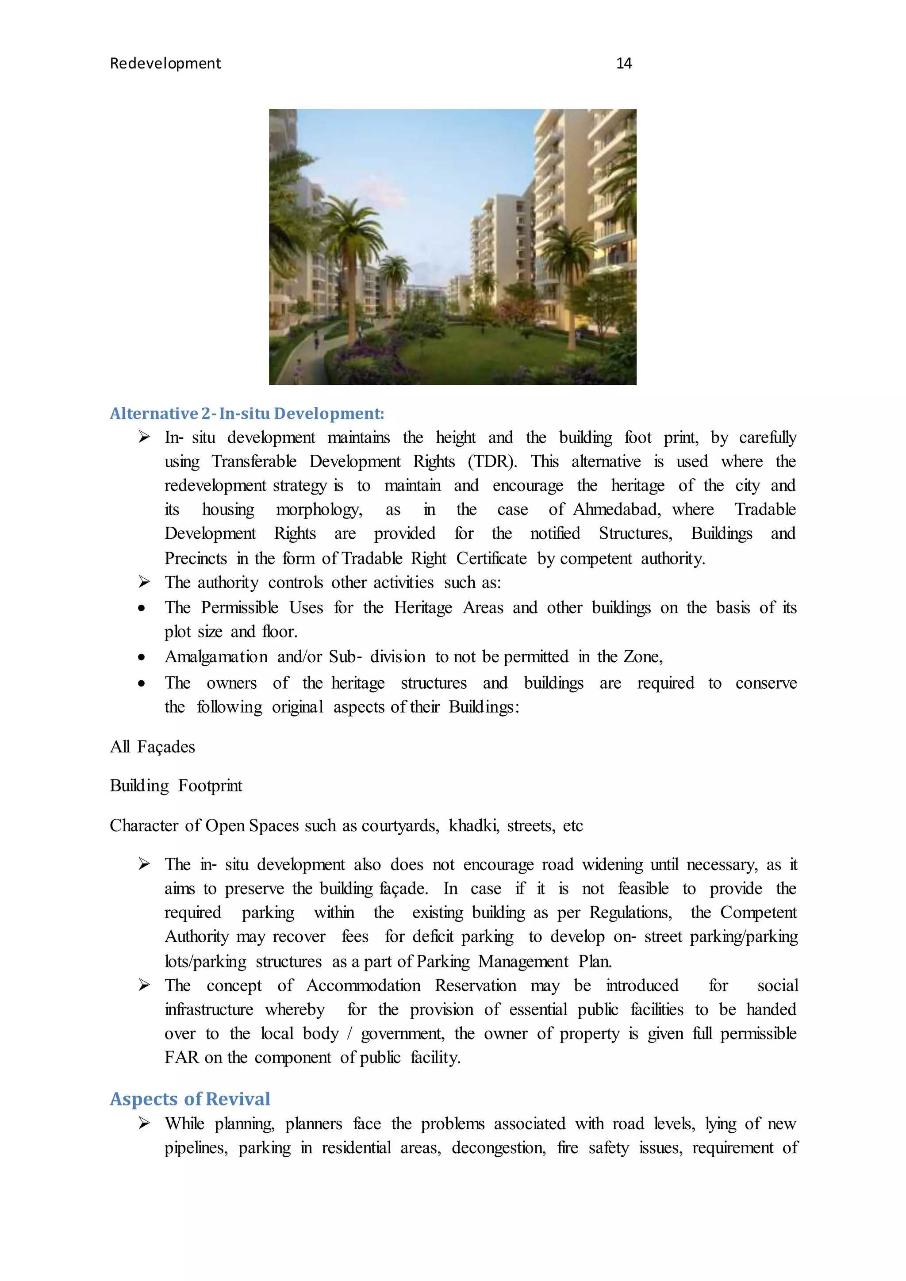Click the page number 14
coord(623,64)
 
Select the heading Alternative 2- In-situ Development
coord(246,414)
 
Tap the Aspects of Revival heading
coord(190,1099)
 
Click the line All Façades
coord(152,747)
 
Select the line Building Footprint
coord(176,786)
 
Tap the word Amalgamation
coord(216,657)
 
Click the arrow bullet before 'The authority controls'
coord(144,582)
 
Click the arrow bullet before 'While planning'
coord(144,1123)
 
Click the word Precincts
coord(195,559)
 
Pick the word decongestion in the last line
coord(498,1148)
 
